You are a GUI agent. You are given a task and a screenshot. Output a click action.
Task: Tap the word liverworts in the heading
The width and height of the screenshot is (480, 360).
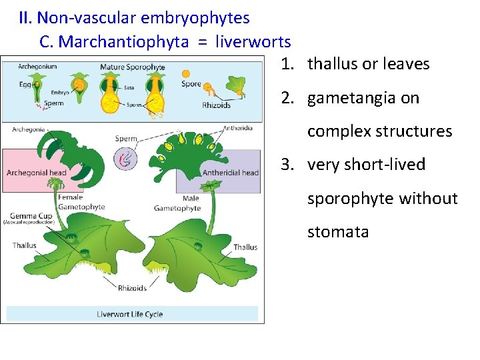click(253, 42)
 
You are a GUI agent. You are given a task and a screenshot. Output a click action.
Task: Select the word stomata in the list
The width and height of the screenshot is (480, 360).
click(338, 232)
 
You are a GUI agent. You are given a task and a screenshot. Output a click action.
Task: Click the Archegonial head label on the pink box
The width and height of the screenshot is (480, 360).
click(37, 173)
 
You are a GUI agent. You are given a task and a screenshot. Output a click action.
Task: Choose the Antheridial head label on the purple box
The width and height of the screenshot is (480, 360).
click(230, 173)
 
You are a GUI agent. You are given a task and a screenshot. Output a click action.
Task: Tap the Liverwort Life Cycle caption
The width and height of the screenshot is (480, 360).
click(130, 314)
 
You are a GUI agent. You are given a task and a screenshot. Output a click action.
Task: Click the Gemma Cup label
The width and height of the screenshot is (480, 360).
click(27, 215)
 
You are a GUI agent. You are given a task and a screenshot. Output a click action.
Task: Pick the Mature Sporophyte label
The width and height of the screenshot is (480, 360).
click(133, 67)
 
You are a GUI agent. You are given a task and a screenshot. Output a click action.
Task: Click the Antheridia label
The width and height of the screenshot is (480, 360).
click(237, 128)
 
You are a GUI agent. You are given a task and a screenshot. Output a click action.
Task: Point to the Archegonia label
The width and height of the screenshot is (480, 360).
click(29, 129)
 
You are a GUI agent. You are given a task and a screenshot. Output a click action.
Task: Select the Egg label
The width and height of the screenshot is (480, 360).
click(25, 85)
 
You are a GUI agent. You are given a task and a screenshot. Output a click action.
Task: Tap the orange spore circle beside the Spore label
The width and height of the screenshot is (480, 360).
click(186, 73)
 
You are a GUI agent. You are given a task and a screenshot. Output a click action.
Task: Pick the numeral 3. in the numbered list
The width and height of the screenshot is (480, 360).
click(288, 165)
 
